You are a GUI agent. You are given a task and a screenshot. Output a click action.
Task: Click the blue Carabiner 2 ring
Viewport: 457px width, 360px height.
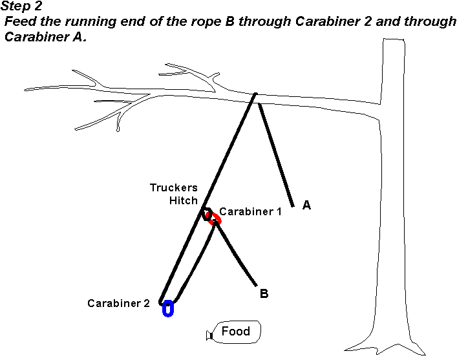(x=168, y=309)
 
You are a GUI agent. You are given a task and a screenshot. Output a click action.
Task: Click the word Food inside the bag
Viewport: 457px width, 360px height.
(x=235, y=332)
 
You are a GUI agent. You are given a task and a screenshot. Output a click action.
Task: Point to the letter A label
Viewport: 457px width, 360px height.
(x=306, y=206)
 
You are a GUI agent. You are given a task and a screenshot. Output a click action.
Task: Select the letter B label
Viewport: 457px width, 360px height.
(x=264, y=294)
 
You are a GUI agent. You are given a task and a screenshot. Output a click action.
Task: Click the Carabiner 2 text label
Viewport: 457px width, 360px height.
(x=119, y=303)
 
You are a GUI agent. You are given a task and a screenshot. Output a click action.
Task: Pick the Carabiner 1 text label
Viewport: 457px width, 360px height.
(x=250, y=211)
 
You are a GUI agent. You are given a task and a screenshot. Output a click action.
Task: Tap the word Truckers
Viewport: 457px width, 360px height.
(x=174, y=188)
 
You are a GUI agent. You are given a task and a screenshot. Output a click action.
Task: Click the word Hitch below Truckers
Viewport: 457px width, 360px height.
(x=183, y=200)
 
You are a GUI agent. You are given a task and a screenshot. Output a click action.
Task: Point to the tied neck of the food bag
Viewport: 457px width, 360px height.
(x=209, y=335)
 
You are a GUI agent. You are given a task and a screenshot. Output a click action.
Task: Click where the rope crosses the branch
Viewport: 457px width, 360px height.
(x=255, y=96)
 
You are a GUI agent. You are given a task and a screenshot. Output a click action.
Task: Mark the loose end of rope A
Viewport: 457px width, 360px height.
(x=293, y=206)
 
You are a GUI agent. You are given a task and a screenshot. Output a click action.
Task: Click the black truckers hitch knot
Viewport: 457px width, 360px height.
(x=206, y=213)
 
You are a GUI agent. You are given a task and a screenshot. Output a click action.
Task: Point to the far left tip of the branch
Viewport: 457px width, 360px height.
(x=25, y=89)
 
